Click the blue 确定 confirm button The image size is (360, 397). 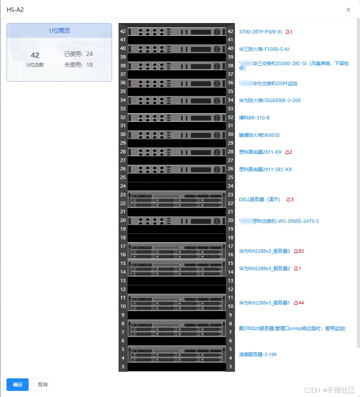click(x=17, y=384)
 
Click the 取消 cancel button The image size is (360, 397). click(x=43, y=384)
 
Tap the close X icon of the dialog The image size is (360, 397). click(x=348, y=10)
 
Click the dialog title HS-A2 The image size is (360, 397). click(x=15, y=10)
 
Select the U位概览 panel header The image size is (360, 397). click(x=59, y=30)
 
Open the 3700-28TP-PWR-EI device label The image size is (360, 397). click(x=260, y=32)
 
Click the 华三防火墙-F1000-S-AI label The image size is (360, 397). click(x=264, y=49)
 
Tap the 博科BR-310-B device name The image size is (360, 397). click(x=254, y=118)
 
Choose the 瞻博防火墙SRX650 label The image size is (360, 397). click(x=259, y=135)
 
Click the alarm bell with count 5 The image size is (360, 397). click(x=290, y=199)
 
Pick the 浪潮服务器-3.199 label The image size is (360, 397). click(x=258, y=354)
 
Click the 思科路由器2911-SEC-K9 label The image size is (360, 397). click(x=265, y=169)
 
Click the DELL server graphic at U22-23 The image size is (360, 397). click(x=177, y=199)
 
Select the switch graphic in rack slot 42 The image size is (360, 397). click(x=177, y=32)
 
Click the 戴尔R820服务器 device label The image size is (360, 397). click(x=292, y=328)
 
